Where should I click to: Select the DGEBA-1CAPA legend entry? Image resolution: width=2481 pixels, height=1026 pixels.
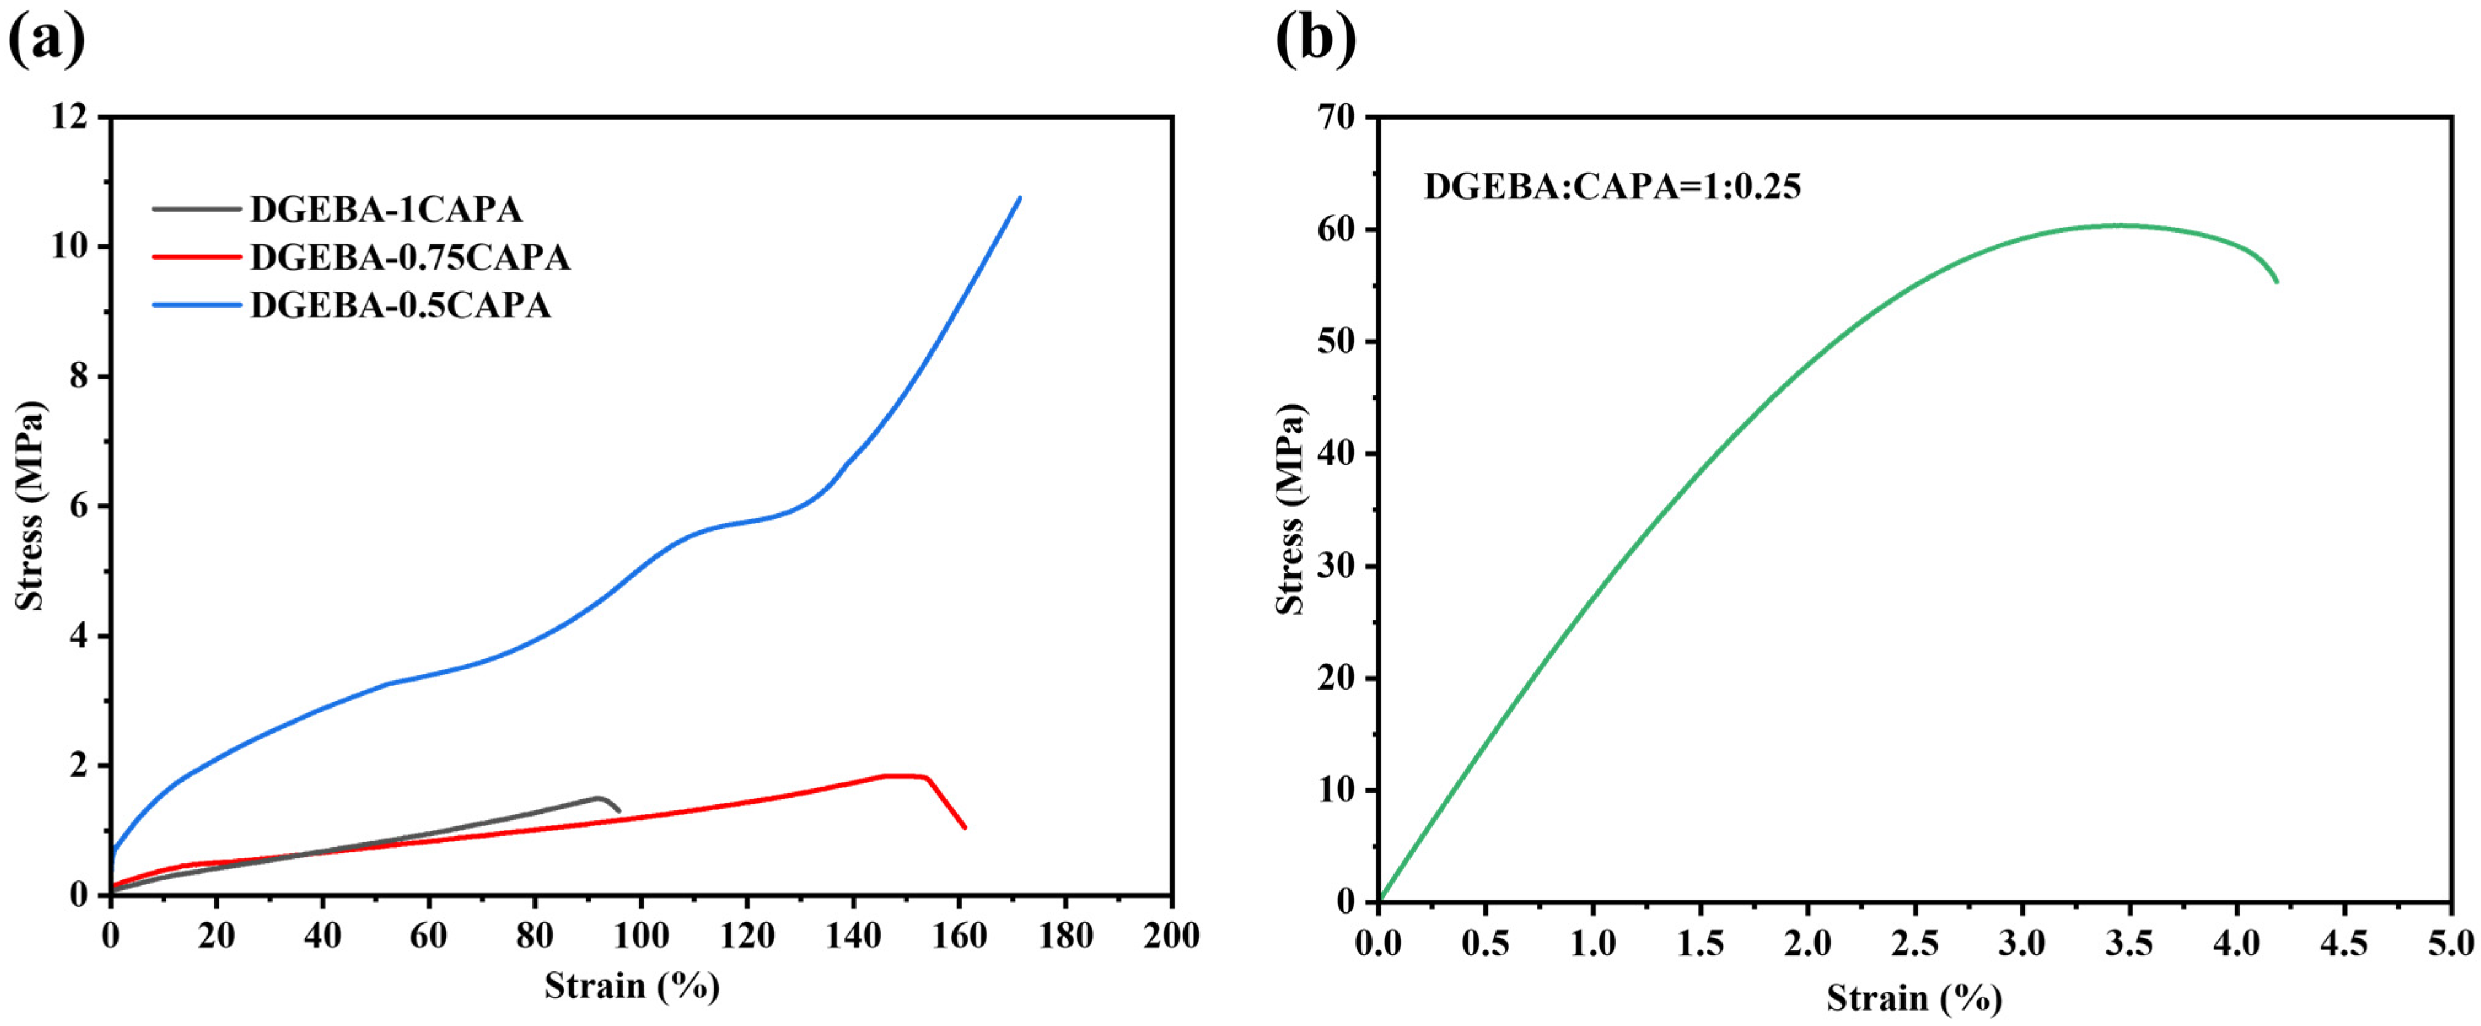tap(385, 209)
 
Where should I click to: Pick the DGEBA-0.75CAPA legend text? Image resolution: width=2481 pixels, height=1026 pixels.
tap(410, 257)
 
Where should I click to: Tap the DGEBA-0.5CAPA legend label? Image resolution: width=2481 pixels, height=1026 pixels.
tap(400, 305)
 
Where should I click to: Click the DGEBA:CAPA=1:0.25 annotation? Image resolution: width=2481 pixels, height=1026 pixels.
tap(1612, 186)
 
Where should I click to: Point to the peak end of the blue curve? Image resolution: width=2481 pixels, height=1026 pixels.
tap(1019, 198)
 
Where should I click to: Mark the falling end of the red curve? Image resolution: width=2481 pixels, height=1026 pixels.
tap(964, 826)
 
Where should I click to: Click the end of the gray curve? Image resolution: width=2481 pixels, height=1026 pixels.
tap(618, 811)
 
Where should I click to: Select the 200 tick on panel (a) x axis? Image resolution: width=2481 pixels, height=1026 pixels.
tap(1171, 936)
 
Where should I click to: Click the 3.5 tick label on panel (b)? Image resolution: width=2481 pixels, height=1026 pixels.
tap(2127, 943)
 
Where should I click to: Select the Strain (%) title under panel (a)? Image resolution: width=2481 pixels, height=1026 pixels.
tap(632, 985)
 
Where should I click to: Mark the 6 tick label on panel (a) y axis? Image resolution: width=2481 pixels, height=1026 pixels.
tap(79, 506)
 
